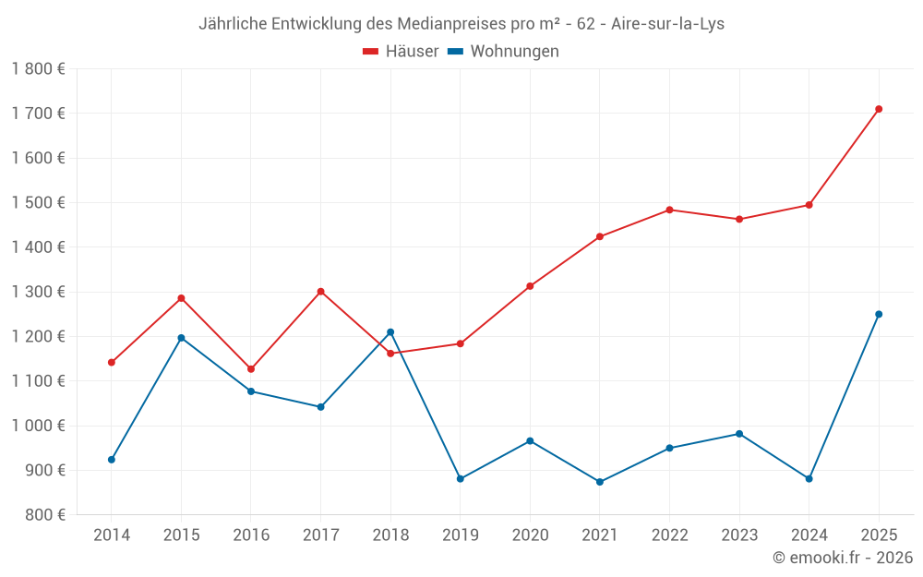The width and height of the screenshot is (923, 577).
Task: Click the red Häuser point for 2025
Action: click(879, 109)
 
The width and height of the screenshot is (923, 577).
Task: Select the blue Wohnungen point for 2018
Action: click(390, 332)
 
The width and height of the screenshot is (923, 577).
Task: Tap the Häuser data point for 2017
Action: click(320, 292)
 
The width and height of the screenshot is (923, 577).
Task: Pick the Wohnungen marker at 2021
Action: click(600, 482)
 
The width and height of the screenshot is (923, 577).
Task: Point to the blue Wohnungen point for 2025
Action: click(879, 314)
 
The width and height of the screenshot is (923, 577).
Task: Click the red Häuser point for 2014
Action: click(112, 362)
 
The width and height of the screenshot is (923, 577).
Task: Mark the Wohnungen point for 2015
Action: click(181, 338)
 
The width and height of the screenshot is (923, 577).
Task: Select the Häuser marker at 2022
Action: click(669, 210)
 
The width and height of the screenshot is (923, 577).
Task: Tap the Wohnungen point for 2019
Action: click(461, 478)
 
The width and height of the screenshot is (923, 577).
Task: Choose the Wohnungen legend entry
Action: click(503, 52)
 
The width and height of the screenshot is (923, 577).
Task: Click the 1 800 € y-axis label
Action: click(39, 68)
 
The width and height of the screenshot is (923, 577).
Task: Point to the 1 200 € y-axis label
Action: click(39, 336)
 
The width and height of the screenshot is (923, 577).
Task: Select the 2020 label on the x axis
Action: click(530, 535)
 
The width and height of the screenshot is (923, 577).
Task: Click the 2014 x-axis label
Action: click(112, 535)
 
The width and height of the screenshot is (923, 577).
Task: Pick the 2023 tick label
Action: click(739, 535)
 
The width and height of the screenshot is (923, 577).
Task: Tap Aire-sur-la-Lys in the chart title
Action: click(668, 24)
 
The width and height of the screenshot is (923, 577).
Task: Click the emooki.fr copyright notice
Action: click(843, 558)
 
